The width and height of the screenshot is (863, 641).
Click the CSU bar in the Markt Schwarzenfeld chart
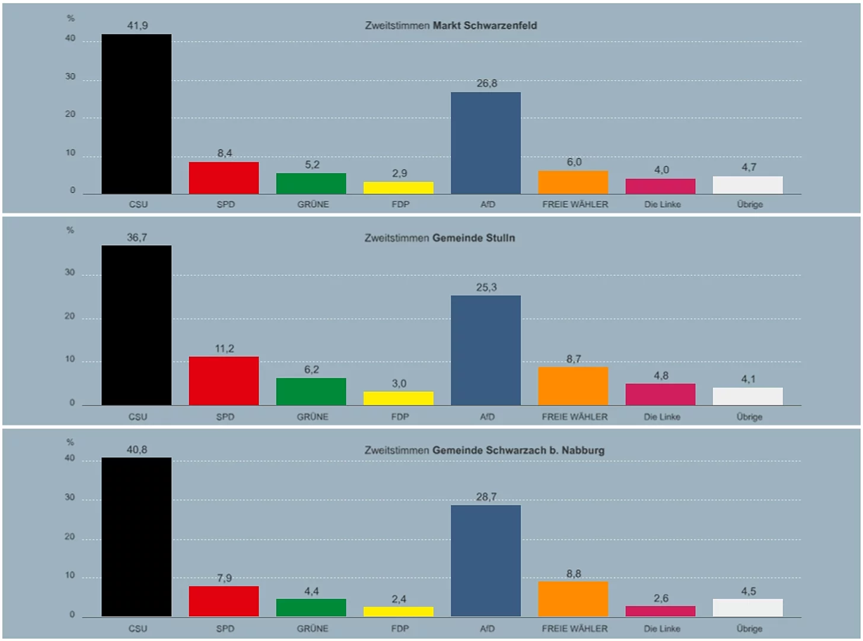(x=136, y=114)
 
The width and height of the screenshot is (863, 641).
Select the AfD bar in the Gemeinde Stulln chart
(x=486, y=350)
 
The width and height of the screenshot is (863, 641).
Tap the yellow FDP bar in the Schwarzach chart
(x=399, y=611)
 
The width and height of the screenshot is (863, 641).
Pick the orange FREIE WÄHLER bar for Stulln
(x=573, y=386)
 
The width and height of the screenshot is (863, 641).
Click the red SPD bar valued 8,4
(x=224, y=177)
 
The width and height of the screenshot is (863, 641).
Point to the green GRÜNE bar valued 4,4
(x=311, y=607)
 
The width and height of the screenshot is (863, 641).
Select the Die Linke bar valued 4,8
(x=660, y=394)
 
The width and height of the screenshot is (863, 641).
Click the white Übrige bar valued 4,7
(x=747, y=185)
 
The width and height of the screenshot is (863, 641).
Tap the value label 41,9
(x=137, y=26)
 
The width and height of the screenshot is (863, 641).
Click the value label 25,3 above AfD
(x=486, y=287)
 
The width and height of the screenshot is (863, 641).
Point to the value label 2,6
(x=661, y=598)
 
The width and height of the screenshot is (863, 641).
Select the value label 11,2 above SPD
(x=224, y=348)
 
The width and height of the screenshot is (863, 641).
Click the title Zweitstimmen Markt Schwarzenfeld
(x=451, y=26)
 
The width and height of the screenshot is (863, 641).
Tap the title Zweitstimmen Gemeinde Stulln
(x=440, y=238)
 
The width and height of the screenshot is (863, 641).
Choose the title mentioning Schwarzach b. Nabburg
(x=485, y=450)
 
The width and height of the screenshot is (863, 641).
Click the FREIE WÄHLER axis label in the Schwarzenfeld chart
(x=575, y=204)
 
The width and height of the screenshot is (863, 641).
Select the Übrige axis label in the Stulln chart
(x=749, y=417)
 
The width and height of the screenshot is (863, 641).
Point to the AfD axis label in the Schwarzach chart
(x=487, y=629)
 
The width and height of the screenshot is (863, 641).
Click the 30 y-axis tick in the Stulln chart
(x=70, y=272)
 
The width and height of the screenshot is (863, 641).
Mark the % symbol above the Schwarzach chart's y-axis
(x=71, y=442)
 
